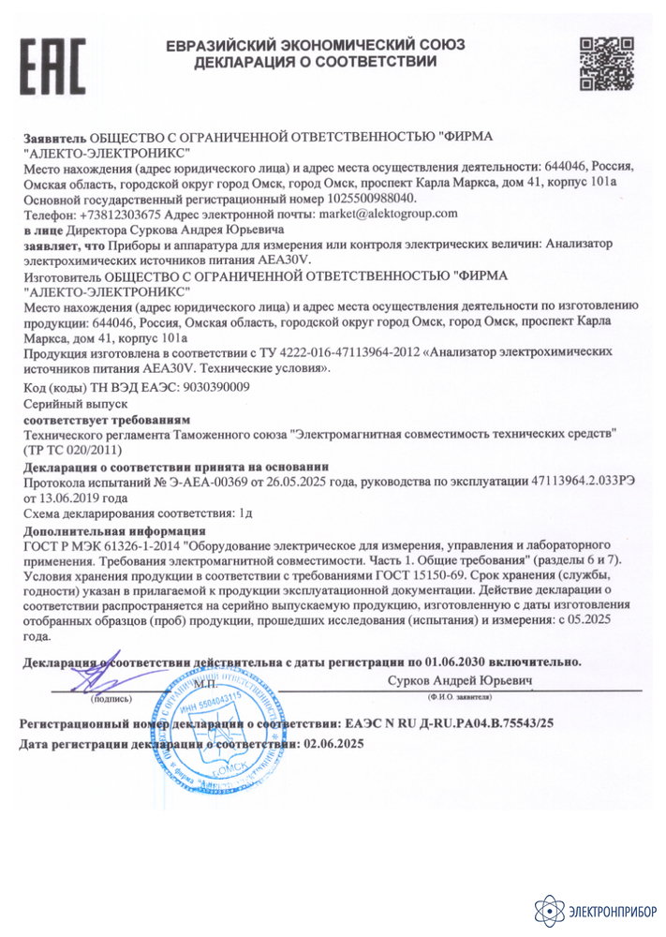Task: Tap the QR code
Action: click(600, 63)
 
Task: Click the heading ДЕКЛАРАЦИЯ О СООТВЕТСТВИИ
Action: click(315, 63)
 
